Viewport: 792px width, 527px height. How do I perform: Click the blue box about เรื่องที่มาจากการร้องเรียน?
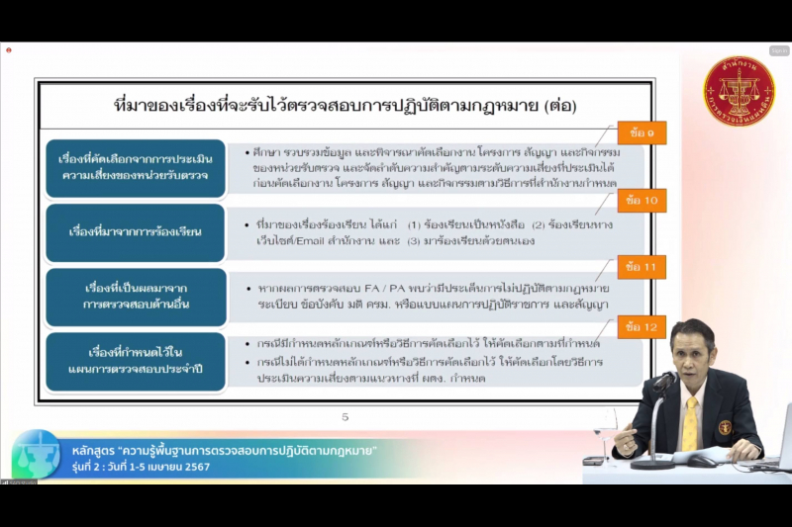136,231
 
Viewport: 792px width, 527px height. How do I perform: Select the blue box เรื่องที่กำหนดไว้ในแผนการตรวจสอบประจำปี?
136,361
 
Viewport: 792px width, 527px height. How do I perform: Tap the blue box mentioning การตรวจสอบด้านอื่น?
136,297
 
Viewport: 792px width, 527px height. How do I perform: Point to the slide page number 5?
346,417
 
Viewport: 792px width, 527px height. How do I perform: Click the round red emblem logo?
739,91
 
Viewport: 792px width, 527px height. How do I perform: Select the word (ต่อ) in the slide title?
558,105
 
